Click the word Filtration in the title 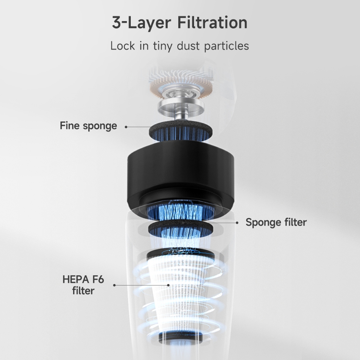coord(212,22)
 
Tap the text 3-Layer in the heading coord(141,22)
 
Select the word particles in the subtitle coord(226,46)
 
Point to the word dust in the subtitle coord(188,46)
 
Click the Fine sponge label coord(88,126)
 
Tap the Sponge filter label coord(276,222)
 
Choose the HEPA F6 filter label coord(83,285)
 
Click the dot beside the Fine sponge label coord(126,127)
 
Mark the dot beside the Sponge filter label coord(237,223)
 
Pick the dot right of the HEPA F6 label coord(114,285)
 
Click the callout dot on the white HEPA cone coord(168,285)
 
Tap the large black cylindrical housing coord(181,174)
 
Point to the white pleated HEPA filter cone coord(181,296)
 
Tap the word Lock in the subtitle coord(123,46)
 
